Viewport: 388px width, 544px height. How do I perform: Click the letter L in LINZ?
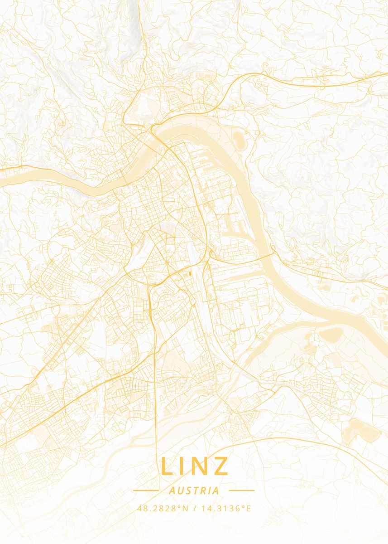click(167, 466)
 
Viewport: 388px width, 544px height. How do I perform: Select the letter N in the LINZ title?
click(200, 466)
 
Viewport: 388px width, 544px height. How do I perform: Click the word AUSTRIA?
click(194, 491)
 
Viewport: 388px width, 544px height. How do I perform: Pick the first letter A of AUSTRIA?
click(171, 491)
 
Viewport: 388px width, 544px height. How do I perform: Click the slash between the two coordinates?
click(194, 508)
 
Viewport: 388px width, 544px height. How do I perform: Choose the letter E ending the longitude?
click(248, 508)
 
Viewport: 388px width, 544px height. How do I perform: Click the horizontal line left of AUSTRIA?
click(146, 490)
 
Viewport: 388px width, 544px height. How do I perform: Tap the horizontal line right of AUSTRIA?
click(242, 490)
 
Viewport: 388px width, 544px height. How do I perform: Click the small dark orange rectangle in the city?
click(190, 274)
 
